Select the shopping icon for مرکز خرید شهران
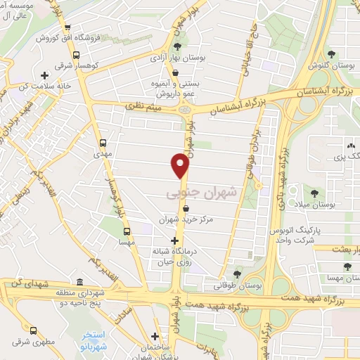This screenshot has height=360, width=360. (186, 208)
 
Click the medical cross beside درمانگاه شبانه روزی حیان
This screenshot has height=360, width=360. (174, 240)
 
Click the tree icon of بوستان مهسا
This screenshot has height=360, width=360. (347, 266)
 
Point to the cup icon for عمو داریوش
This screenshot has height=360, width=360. (175, 72)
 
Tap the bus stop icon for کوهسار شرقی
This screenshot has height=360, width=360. (76, 55)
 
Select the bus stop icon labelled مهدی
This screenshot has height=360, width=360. (104, 141)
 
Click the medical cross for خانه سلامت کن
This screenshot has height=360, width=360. (45, 75)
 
